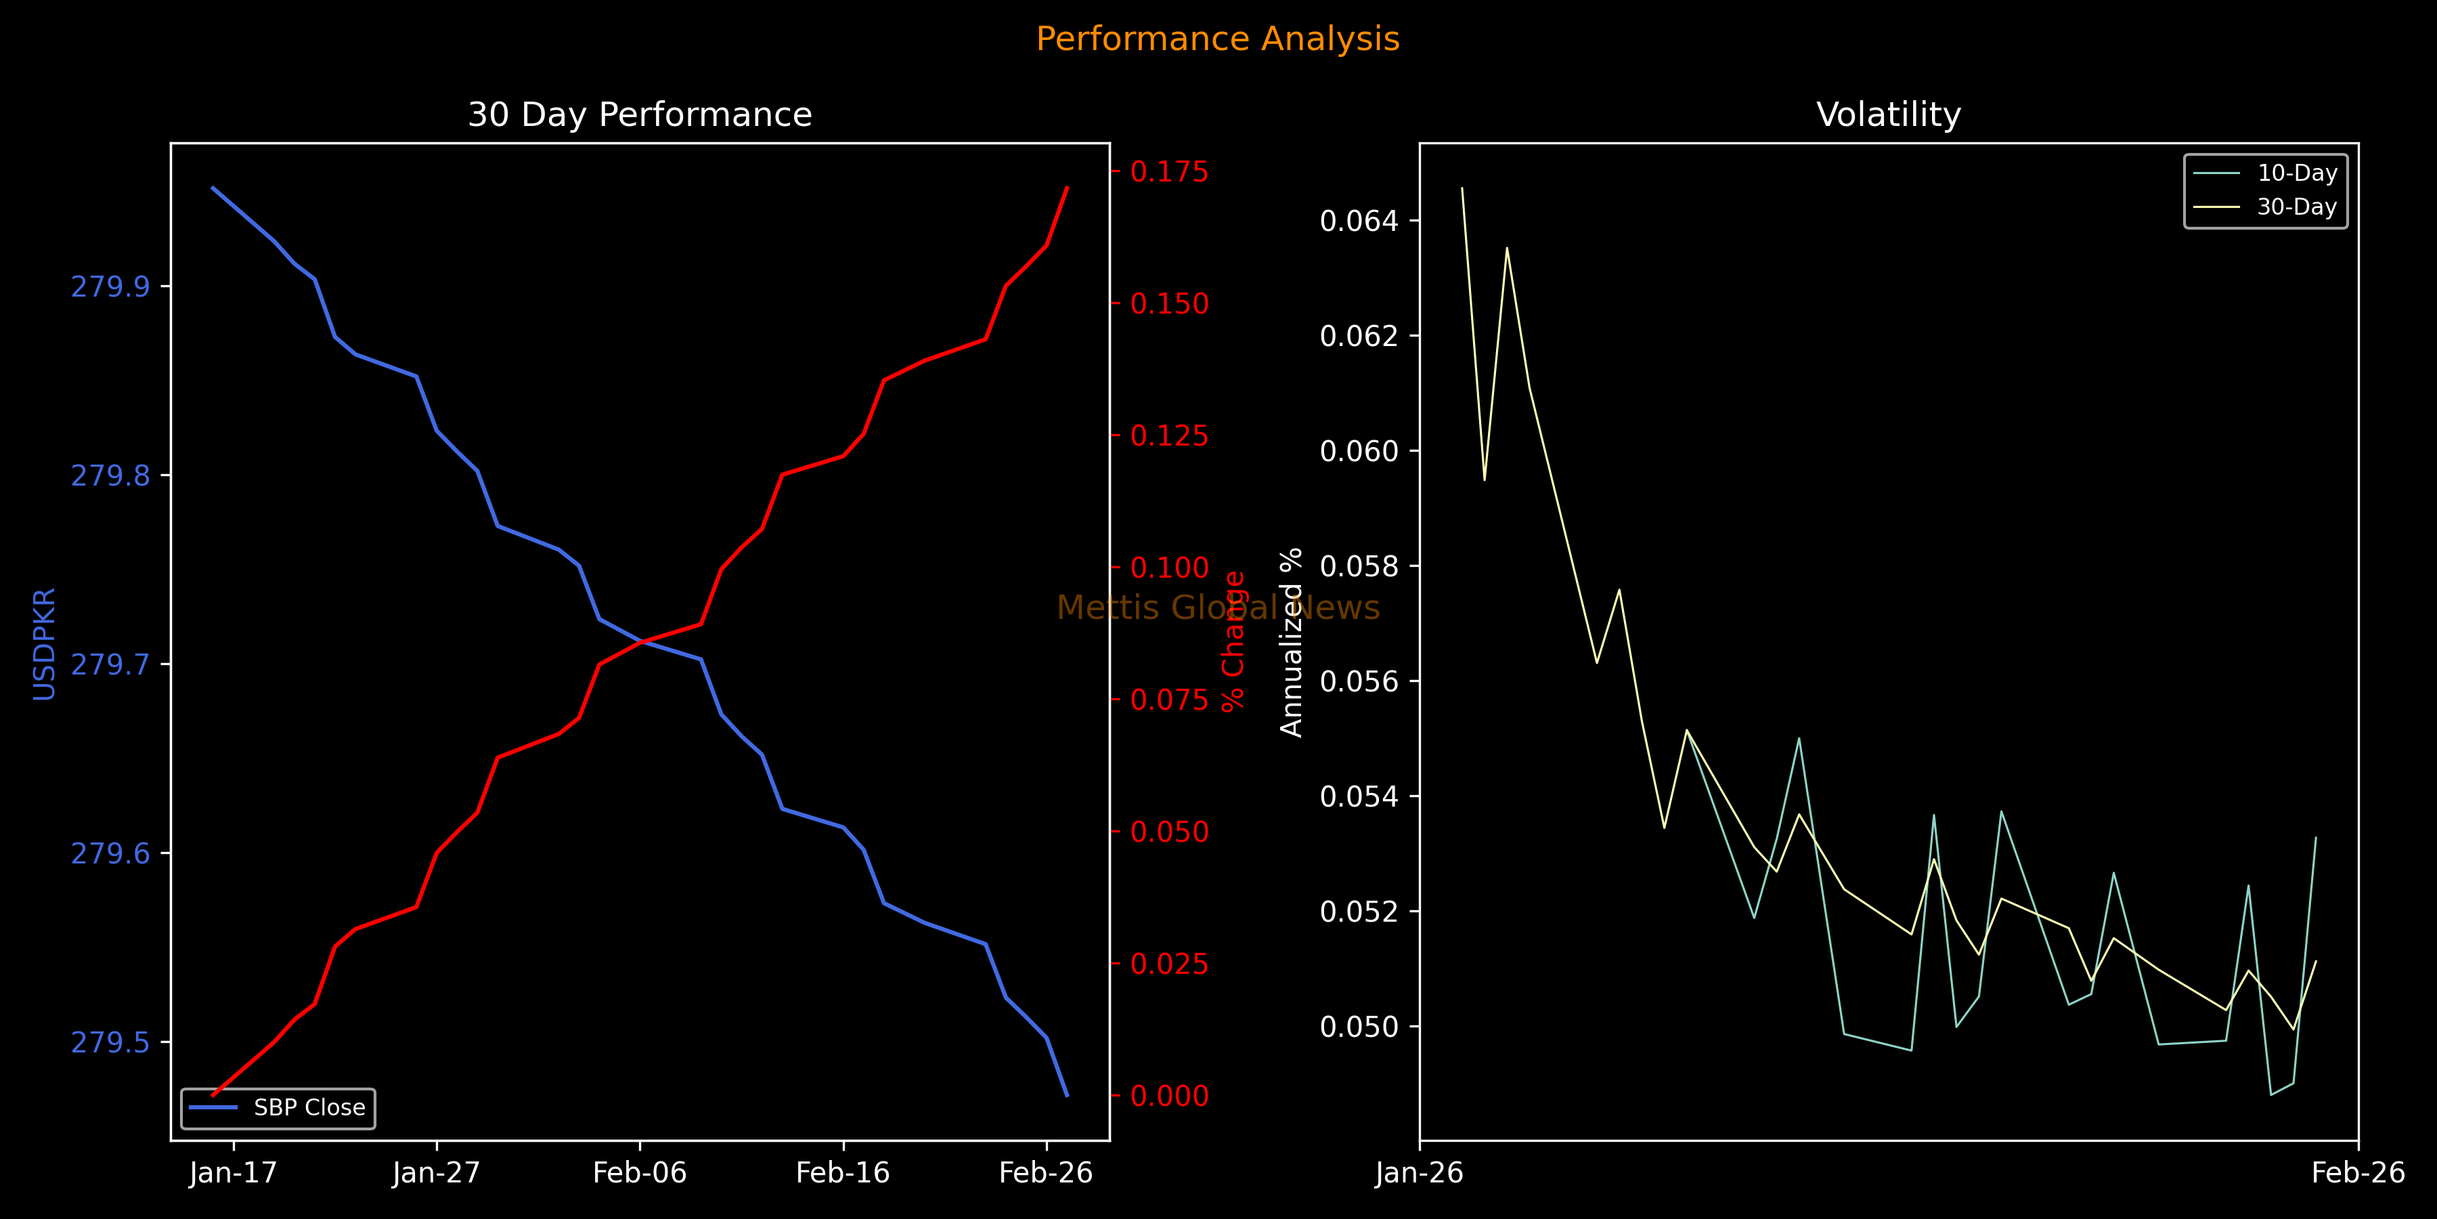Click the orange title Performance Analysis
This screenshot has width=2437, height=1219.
1218,39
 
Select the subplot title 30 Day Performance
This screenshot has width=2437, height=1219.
640,114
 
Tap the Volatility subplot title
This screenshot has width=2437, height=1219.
1888,114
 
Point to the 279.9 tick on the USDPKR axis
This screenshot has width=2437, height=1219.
111,286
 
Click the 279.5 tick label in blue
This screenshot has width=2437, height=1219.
111,1042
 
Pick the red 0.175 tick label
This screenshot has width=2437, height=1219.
1169,171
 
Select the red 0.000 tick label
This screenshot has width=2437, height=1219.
1169,1096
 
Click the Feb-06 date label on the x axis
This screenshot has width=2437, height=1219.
640,1173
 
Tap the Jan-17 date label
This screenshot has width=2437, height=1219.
233,1173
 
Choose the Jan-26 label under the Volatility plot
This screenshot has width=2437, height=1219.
1419,1173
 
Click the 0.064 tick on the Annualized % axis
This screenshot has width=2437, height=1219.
1359,221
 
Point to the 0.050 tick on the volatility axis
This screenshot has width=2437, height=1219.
1359,1027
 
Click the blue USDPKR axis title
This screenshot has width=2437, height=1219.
45,643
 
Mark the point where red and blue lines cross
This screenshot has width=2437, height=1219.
642,642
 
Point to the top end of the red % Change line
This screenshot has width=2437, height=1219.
1067,188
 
